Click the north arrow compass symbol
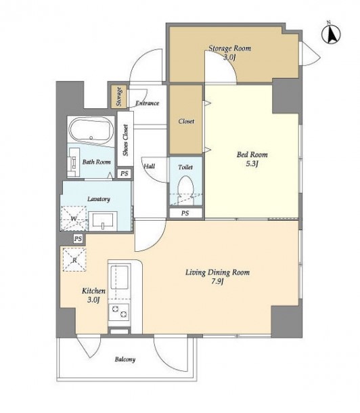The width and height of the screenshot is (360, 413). click(331, 34)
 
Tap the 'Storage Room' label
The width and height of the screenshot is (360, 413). click(230, 48)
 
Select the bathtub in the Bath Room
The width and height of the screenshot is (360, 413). click(91, 131)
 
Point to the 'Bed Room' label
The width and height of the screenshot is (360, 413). click(252, 154)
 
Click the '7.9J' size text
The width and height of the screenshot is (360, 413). click(217, 282)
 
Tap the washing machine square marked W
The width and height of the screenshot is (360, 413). click(74, 219)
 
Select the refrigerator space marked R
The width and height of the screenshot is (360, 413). click(74, 260)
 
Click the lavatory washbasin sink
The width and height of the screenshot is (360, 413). click(103, 221)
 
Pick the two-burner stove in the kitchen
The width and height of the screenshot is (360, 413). click(119, 311)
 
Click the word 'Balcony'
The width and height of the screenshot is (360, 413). click(125, 360)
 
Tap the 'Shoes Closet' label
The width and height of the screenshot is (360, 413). click(126, 140)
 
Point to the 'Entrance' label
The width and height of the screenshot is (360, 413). click(147, 103)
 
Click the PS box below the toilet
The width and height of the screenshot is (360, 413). click(185, 213)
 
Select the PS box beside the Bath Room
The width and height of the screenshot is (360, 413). click(125, 173)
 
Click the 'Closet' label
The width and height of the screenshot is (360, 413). click(186, 121)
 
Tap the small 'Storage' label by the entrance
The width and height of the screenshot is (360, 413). click(118, 96)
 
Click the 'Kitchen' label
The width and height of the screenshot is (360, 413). click(93, 290)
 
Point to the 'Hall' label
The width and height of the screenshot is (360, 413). click(149, 166)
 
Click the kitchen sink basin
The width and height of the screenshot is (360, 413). click(119, 277)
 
